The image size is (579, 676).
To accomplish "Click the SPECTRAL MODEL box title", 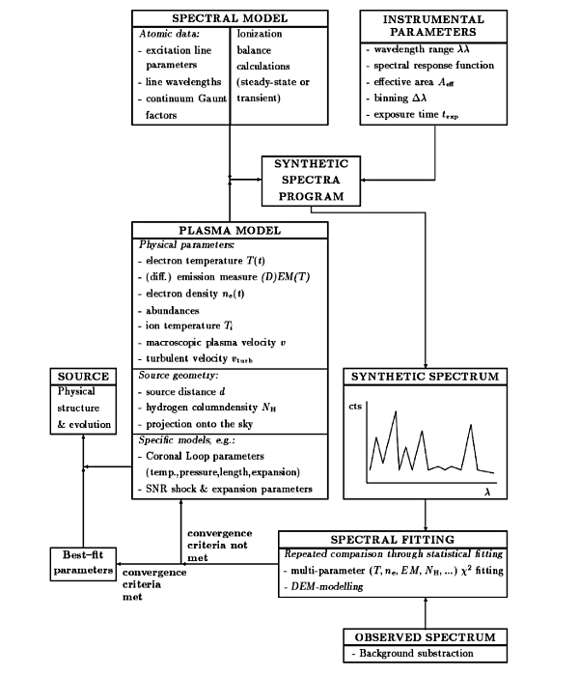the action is point(230,18).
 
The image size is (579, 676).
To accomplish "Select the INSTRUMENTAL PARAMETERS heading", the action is point(433,26).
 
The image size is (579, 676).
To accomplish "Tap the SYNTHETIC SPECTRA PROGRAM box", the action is point(311,181).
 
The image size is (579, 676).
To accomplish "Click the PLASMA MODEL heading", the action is point(230,230).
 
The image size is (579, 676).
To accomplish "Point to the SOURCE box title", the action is point(83,377).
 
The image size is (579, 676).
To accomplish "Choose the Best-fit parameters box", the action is point(83,563).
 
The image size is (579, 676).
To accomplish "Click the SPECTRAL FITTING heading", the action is point(393,540).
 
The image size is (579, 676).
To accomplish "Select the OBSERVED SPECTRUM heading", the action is point(426,637).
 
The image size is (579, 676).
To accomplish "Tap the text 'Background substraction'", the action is point(416,654).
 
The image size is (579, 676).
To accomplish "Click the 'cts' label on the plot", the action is point(355,407).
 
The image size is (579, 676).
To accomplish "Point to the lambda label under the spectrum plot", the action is point(487,492).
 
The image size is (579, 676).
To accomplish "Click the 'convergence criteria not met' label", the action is point(219,546).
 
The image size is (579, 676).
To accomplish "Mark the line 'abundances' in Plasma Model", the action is point(173,310).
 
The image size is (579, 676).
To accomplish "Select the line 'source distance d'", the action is point(185,391).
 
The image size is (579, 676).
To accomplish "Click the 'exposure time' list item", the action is point(416,115).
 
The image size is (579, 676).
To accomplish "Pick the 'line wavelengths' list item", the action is point(183,82).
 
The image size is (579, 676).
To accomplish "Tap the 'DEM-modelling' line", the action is point(327,586).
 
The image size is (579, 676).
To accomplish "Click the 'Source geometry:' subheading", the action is point(179,376).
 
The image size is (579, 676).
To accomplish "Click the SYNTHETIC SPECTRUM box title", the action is point(426,377).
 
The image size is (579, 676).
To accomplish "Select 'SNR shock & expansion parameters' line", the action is point(230,489).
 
